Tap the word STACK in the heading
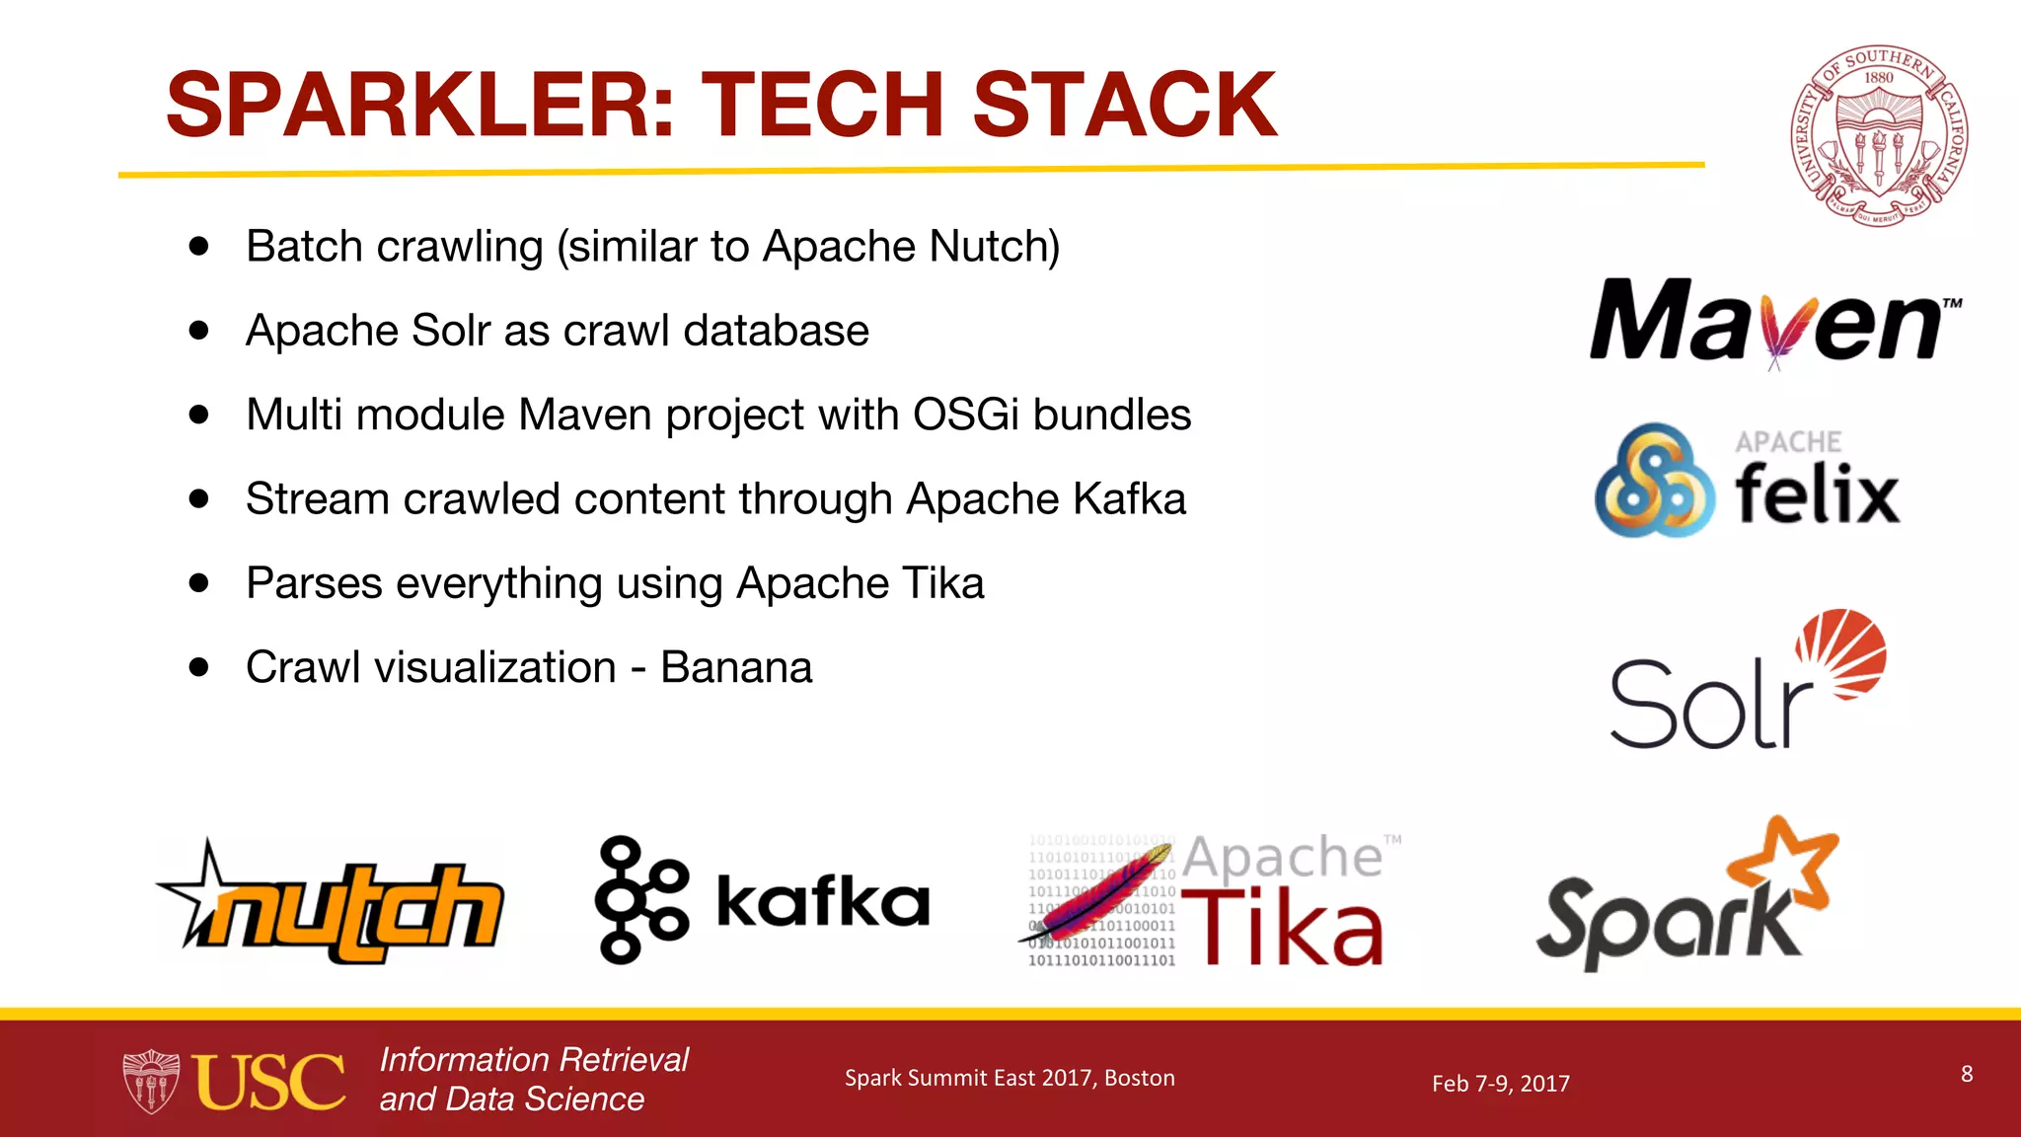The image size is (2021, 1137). (1124, 105)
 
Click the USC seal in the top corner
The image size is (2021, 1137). (1878, 135)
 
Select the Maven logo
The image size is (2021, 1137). (1774, 321)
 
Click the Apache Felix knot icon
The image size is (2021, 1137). (1653, 481)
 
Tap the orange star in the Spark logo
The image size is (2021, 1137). (1784, 861)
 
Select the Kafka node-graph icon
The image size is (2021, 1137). (639, 898)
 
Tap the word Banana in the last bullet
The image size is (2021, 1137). (735, 668)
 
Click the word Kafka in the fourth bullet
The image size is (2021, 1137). (1128, 499)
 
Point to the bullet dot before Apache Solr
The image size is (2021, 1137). (199, 331)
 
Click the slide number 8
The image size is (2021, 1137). (1966, 1074)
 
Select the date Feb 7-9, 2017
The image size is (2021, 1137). (1500, 1084)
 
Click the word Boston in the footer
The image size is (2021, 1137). (1139, 1078)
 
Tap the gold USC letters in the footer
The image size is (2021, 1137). (268, 1082)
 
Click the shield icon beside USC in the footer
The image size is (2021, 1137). (150, 1082)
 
